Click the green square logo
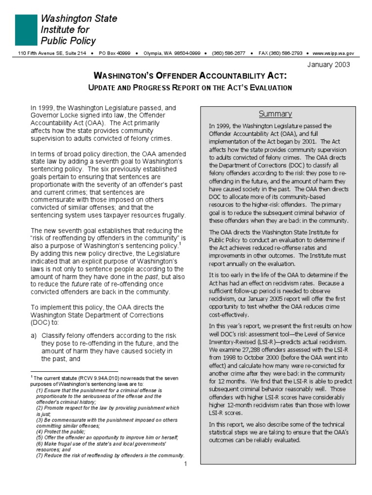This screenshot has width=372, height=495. (26, 30)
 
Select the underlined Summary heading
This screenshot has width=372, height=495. (275, 114)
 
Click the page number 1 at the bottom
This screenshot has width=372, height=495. (186, 464)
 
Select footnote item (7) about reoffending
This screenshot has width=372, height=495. (110, 455)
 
